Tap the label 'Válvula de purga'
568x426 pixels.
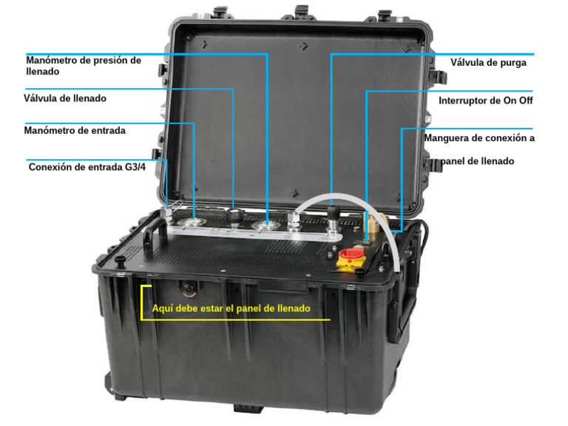(488, 63)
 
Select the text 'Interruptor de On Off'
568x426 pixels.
(486, 100)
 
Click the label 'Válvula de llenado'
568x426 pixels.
(65, 98)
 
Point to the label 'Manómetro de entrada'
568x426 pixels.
(75, 130)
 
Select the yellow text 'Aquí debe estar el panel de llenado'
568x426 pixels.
(231, 308)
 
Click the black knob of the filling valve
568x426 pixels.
(234, 214)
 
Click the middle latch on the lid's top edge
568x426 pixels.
(300, 11)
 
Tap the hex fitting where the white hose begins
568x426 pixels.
(294, 220)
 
